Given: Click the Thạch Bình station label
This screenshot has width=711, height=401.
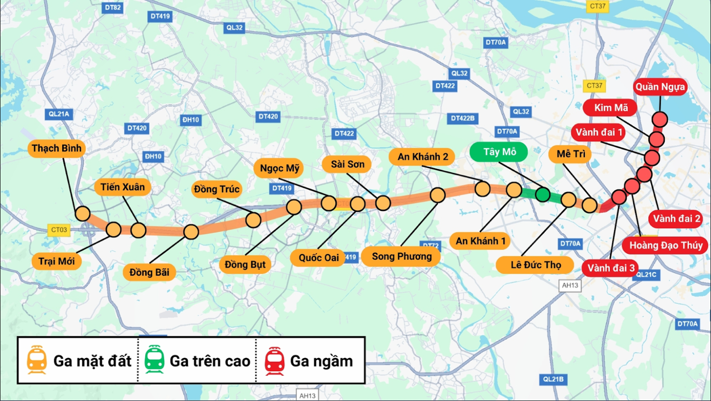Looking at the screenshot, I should (x=57, y=148).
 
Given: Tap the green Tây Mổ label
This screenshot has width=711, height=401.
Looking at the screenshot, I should (x=499, y=152).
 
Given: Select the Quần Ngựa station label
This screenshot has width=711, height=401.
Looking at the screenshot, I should (x=660, y=87).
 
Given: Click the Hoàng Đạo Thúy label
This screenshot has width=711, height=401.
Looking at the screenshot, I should (x=666, y=245).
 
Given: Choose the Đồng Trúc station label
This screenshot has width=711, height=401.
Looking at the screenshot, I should (x=217, y=189).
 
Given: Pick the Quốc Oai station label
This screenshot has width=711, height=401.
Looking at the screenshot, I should (x=319, y=258).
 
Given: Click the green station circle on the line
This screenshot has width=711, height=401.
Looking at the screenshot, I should (x=543, y=194).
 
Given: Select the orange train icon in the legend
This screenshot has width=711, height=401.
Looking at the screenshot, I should (x=37, y=360).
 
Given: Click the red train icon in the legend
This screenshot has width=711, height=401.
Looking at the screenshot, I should (x=274, y=360).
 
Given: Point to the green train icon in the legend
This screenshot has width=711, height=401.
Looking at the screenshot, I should (x=155, y=360).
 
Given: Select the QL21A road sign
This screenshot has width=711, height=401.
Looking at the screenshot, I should (x=59, y=114).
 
